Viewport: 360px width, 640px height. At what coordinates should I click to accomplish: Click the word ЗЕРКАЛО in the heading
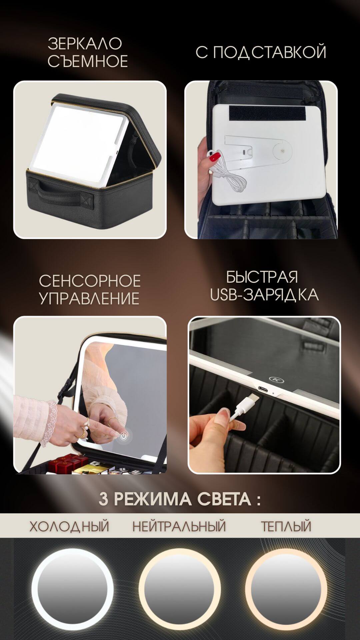coord(85,44)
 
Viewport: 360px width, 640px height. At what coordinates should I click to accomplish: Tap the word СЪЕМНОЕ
coord(88,61)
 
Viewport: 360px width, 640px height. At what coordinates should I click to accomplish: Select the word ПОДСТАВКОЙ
coord(270,53)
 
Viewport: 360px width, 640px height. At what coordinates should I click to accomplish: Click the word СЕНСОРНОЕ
coord(90,281)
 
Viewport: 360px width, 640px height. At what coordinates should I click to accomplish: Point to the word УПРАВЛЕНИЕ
coord(89,298)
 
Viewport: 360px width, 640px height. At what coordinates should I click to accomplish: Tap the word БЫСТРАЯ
coord(262,277)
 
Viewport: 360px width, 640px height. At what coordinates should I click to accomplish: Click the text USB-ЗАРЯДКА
coord(264,295)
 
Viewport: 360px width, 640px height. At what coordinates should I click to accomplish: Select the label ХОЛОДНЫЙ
coord(69,527)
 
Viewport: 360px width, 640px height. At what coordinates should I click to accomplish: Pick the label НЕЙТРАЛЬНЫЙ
coord(179,527)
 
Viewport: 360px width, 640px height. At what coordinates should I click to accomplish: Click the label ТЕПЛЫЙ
coord(286,527)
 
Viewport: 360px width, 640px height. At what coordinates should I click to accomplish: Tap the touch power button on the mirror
coord(124,436)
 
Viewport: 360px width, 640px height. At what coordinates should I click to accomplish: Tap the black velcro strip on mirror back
coord(268,114)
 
